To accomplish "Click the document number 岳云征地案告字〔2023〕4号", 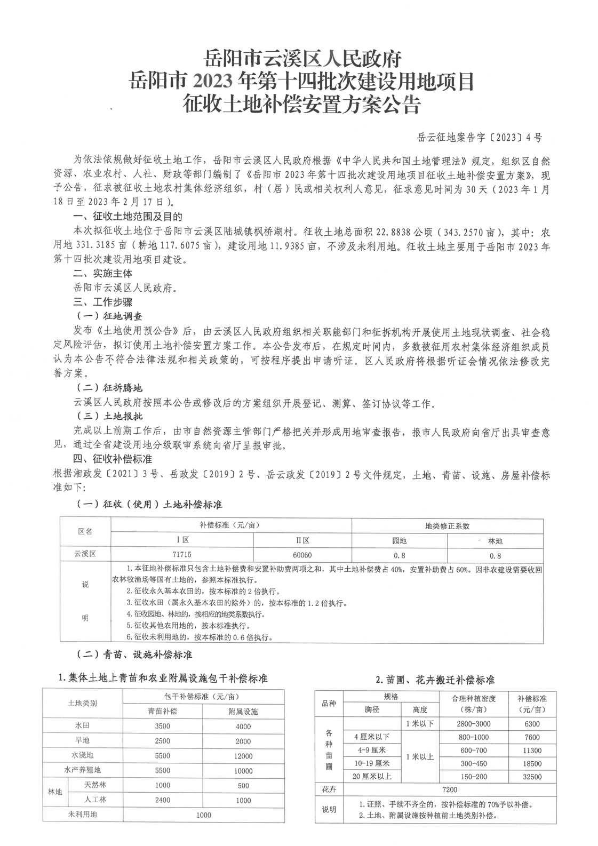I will click(x=480, y=138).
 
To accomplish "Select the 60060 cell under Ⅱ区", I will click(x=302, y=555).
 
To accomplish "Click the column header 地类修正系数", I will click(x=447, y=525).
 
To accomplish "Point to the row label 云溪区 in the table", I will click(x=85, y=555).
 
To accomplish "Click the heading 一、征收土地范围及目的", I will click(x=127, y=217).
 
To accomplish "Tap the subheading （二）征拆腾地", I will click(x=110, y=388).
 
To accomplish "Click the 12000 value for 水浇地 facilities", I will click(x=243, y=755).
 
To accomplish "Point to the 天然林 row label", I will click(x=95, y=785).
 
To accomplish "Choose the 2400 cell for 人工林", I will click(x=162, y=800).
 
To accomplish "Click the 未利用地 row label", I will click(x=82, y=814).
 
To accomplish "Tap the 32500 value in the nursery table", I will click(x=532, y=777).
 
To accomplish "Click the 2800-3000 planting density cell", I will click(x=473, y=724).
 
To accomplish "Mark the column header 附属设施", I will click(x=243, y=712).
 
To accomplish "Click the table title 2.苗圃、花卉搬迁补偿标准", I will click(x=435, y=680).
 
